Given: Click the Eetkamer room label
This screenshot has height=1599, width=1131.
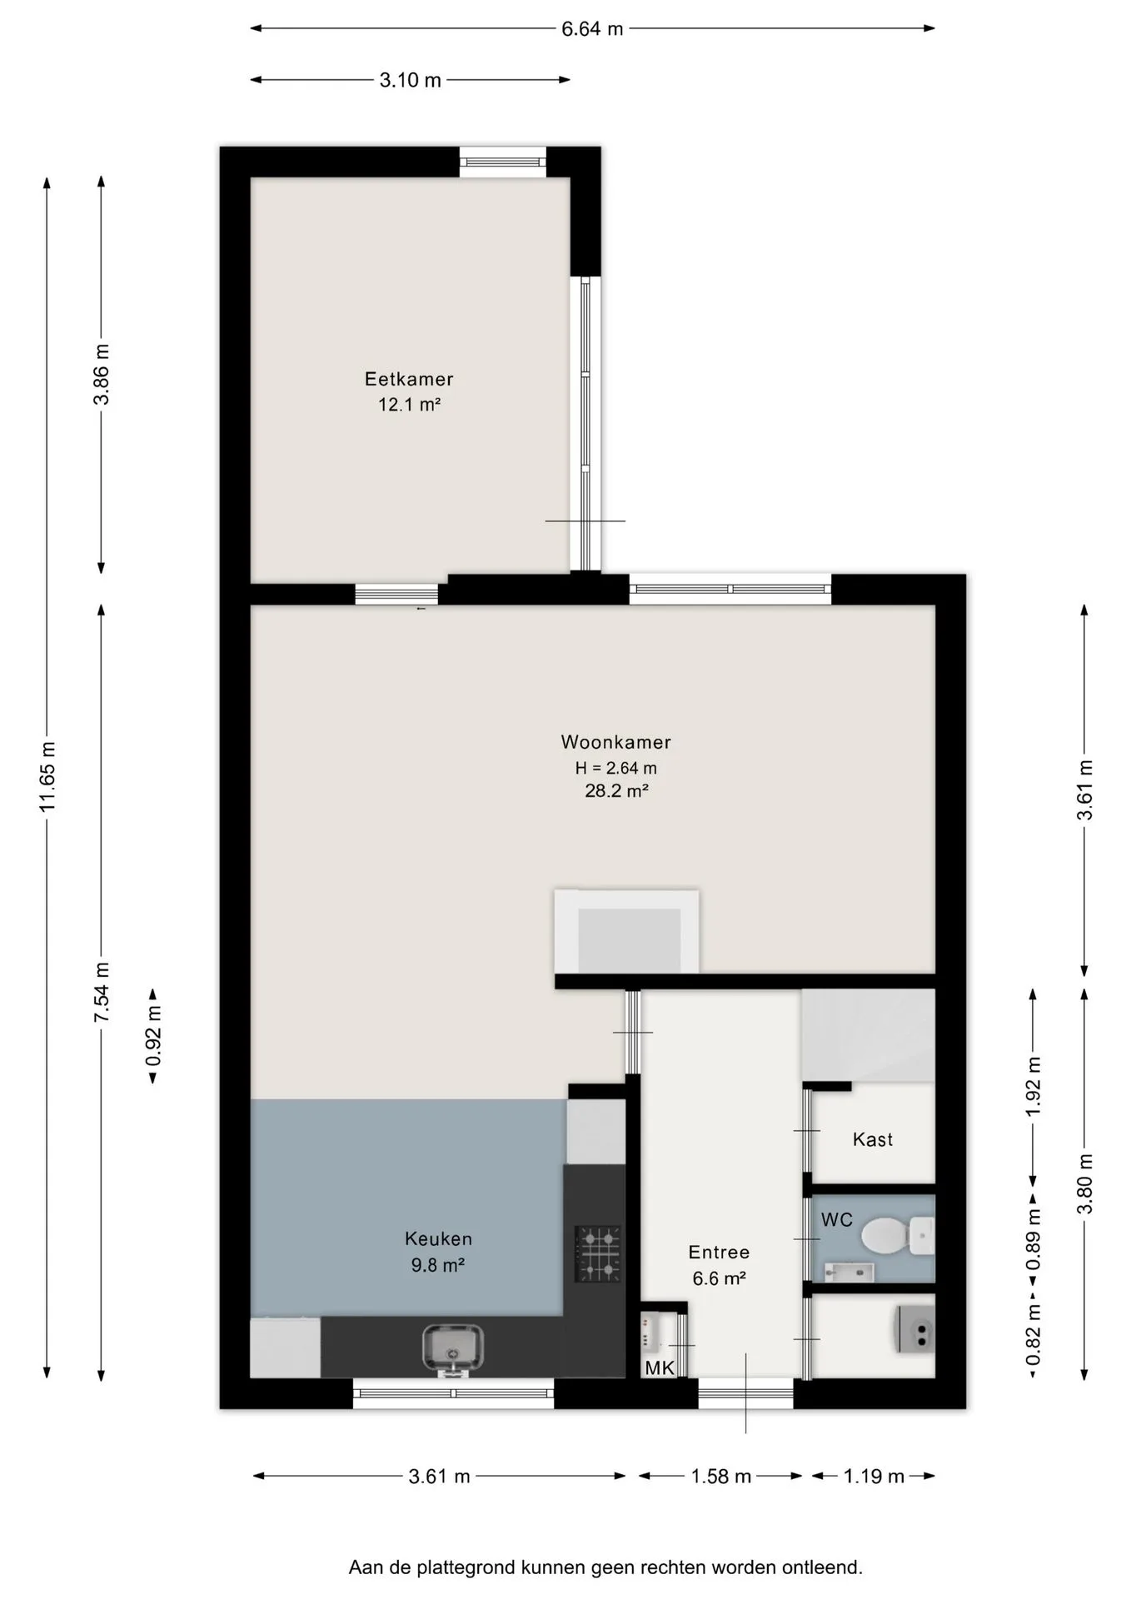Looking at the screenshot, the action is point(409,379).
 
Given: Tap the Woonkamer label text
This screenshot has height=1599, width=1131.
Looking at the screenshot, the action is point(615,742).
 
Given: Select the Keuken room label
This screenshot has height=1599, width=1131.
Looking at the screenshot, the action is point(438,1239).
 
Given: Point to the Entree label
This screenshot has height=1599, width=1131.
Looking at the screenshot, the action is point(719,1253).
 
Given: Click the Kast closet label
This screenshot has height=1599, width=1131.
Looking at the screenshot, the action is point(873,1139).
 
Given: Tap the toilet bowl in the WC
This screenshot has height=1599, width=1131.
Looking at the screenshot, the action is point(884,1235).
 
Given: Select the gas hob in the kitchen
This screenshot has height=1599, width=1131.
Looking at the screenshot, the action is point(598,1253).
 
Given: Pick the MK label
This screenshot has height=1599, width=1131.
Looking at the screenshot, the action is point(660,1367).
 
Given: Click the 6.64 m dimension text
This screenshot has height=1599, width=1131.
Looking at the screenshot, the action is point(592,29).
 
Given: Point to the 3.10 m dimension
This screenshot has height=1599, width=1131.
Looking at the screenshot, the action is point(411,81).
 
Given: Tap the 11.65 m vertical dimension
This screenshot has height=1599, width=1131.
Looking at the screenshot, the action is point(47,776).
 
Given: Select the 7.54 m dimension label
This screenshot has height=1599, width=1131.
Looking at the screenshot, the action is point(102,993).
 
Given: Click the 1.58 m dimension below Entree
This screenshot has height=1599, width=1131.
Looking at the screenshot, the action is point(721,1477).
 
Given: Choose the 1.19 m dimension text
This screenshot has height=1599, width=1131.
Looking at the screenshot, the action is point(874,1477).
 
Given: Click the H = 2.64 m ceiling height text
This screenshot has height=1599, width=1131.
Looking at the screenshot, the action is point(616,768).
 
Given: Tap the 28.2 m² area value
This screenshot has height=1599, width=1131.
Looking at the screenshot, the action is point(616,791).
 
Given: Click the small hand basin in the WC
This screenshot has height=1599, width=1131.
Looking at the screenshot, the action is point(849,1272).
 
